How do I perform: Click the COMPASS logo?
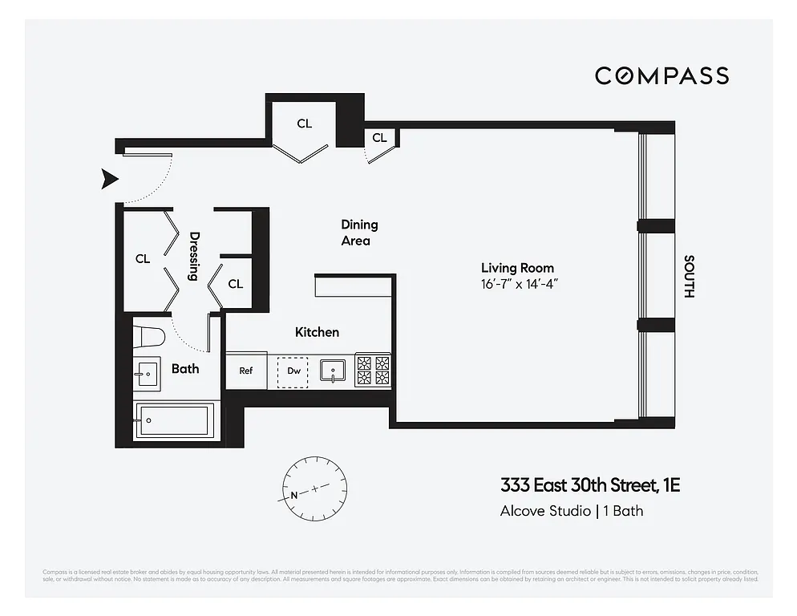tap(661, 75)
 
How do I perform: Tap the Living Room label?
tap(517, 268)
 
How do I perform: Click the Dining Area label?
tap(359, 233)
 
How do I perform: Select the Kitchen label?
tap(317, 332)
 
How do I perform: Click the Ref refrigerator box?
tap(246, 371)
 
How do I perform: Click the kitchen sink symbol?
tap(332, 371)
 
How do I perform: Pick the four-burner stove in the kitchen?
tap(373, 371)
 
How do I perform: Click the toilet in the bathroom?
tap(148, 335)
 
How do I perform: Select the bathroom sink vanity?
tap(147, 373)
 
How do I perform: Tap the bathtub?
tap(174, 420)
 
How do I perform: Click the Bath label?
tap(185, 369)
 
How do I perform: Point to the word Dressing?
tap(194, 257)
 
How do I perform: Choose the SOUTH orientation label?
tap(688, 277)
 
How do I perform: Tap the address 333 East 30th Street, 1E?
tap(590, 485)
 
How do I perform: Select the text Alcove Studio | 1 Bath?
tap(572, 510)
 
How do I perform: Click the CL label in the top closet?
tap(304, 124)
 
